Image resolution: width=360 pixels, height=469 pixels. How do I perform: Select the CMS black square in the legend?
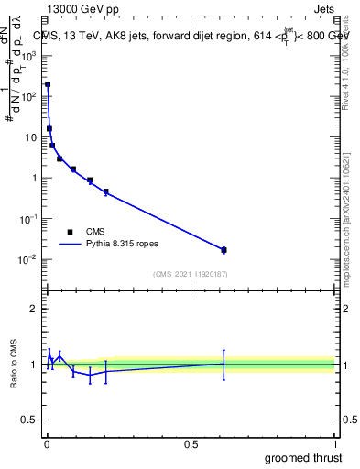70,232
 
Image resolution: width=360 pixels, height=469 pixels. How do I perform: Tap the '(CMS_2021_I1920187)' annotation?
190,274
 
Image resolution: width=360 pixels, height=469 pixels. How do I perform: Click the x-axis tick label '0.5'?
191,443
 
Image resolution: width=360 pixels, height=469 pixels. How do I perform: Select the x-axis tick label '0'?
47,443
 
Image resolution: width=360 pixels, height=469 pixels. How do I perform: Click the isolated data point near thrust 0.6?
224,249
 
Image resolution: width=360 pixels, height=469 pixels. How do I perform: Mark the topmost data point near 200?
48,84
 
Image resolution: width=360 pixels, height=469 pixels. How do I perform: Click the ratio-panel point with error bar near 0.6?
224,364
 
